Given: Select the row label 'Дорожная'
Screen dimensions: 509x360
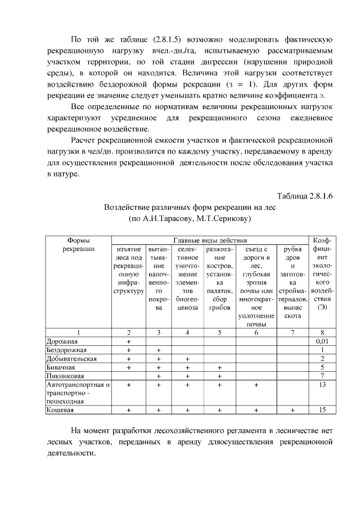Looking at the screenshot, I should pyautogui.click(x=62, y=341).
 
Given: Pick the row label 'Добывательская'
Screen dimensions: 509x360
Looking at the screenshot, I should pyautogui.click(x=71, y=358).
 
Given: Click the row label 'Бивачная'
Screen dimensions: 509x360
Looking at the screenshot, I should pyautogui.click(x=60, y=367).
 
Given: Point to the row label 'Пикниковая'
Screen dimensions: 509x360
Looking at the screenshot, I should pyautogui.click(x=65, y=376).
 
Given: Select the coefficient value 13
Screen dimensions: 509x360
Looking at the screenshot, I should pyautogui.click(x=322, y=385).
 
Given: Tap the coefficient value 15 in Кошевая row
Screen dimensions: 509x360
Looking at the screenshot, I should pyautogui.click(x=322, y=411).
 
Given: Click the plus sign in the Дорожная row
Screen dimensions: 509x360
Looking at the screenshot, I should pyautogui.click(x=129, y=341).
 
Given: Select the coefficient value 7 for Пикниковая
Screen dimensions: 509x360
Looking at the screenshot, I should pyautogui.click(x=322, y=376).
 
